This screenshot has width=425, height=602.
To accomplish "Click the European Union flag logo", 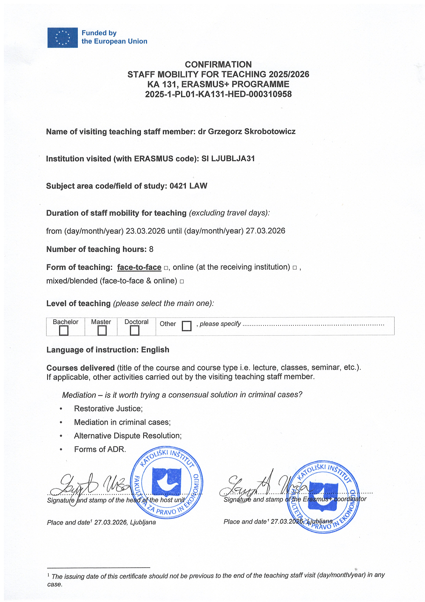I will pos(63,38).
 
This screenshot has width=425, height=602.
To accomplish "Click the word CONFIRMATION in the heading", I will pos(218,65).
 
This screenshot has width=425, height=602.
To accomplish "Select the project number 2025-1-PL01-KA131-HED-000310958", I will pos(218,94).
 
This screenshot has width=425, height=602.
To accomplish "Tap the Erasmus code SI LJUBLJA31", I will pos(228,159).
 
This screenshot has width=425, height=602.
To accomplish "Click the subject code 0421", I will pos(178,186).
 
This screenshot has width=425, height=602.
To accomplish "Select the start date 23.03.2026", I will pos(145,231).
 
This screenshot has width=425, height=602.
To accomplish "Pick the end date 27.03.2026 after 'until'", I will pos(265,231).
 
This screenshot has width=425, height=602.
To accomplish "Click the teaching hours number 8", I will pos(151,249).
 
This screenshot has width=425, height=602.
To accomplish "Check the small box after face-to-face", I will pos(166,268).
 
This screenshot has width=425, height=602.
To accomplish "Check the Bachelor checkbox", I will pos(64,330).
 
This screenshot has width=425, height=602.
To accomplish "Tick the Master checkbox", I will pos(102,330).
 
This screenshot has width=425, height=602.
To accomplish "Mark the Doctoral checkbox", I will pos(134,330).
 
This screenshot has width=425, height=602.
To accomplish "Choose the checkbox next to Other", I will pos(186,326).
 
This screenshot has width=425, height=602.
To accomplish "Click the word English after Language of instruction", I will pos(155,350).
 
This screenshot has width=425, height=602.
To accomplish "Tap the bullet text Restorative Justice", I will pos(108,408).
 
